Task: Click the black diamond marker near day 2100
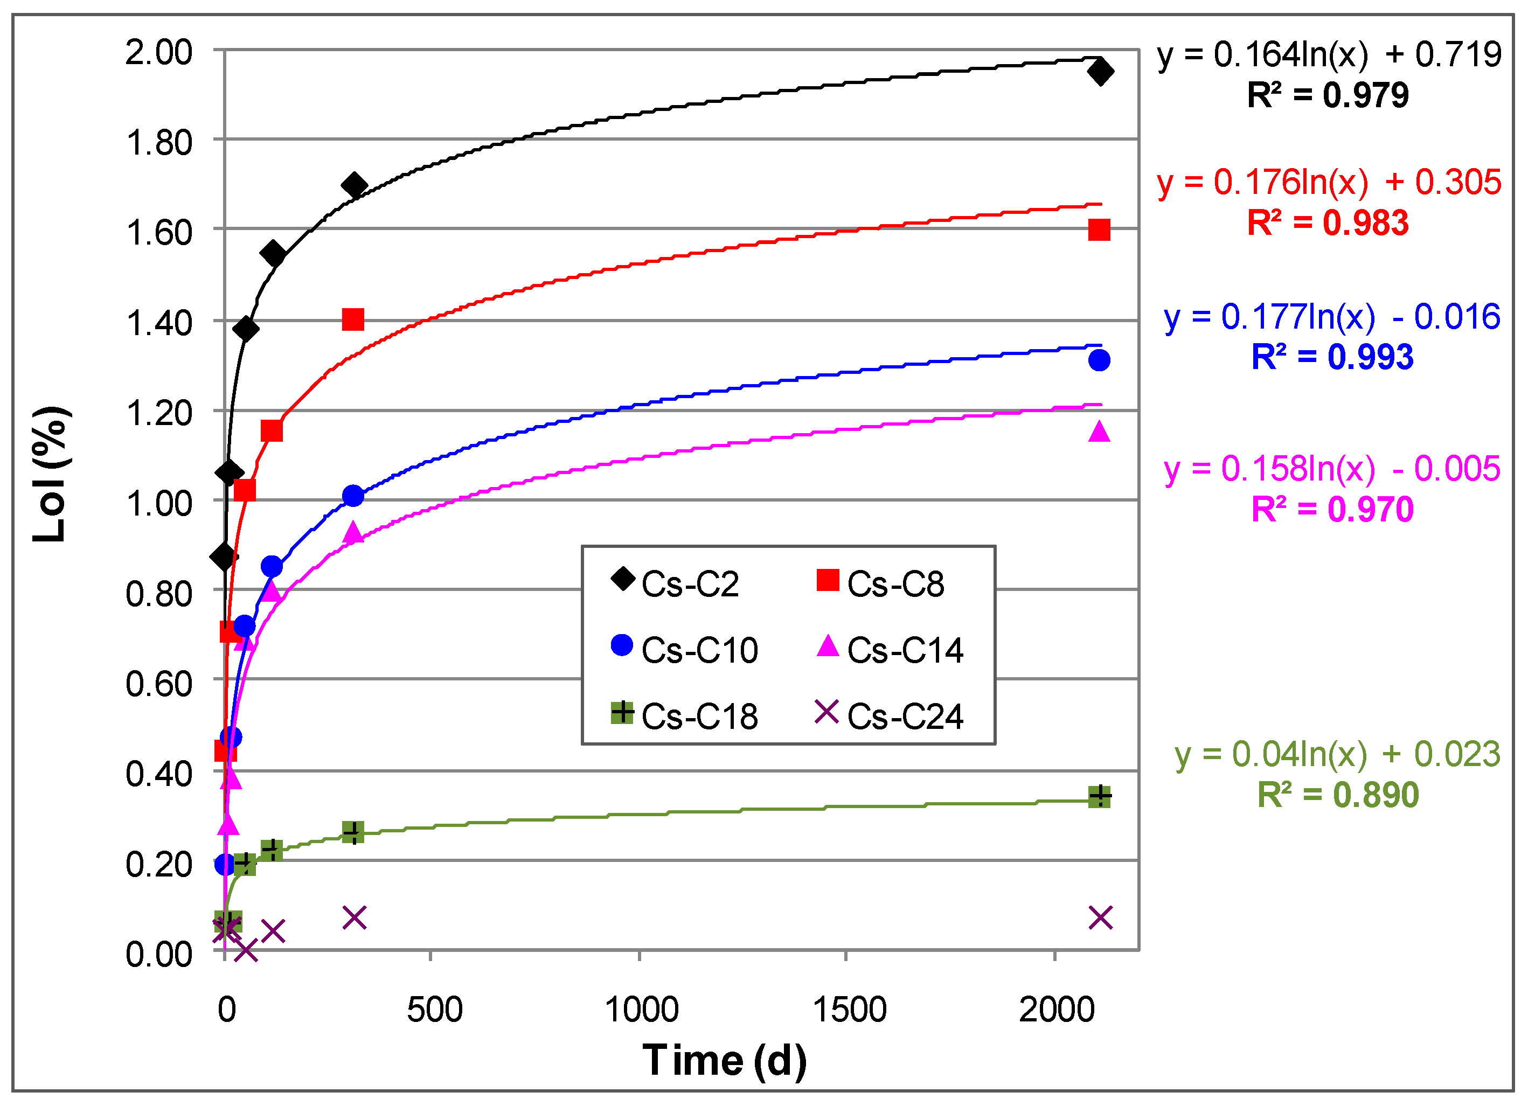(1100, 72)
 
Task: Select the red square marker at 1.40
(353, 319)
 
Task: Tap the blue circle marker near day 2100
(1099, 360)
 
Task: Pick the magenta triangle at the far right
(1099, 432)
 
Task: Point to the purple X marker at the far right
(1100, 917)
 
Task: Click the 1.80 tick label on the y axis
(159, 143)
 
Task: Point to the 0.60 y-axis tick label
(159, 684)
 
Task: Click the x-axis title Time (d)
(724, 1060)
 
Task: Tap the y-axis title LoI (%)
(50, 474)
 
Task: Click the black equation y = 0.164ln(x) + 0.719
(1329, 54)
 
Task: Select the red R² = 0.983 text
(1327, 223)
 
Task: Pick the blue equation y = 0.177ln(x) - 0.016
(1331, 317)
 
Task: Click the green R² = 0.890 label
(1337, 795)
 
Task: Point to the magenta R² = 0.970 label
(1331, 509)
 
